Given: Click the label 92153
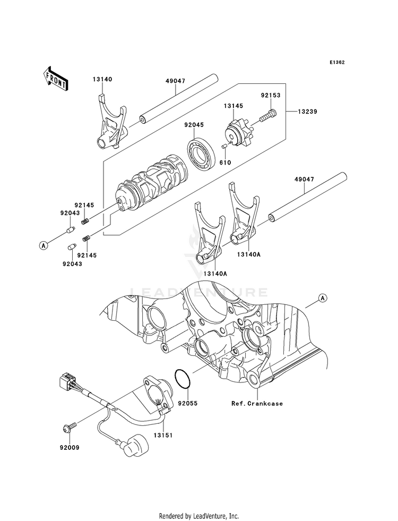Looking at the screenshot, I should pyautogui.click(x=270, y=96).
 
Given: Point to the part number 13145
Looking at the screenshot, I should pyautogui.click(x=232, y=106).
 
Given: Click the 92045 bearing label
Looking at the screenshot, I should pyautogui.click(x=195, y=126).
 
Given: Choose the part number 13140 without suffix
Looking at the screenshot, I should pyautogui.click(x=102, y=79).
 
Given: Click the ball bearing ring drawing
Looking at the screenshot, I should pyautogui.click(x=202, y=153).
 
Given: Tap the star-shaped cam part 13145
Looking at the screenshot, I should pyautogui.click(x=241, y=133).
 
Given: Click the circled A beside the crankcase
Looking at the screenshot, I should pyautogui.click(x=322, y=298).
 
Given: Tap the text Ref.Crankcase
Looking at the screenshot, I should pyautogui.click(x=257, y=404).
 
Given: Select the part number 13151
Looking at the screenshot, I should pyautogui.click(x=162, y=434).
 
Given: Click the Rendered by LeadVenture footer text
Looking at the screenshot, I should pyautogui.click(x=199, y=516).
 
